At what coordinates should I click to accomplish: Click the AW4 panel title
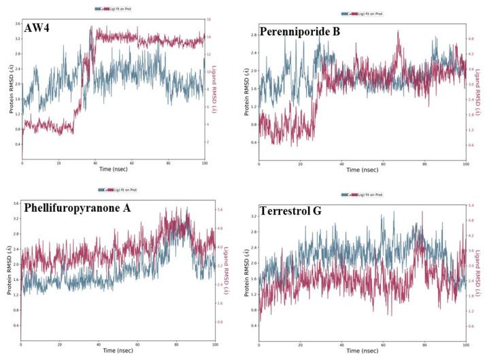click(39, 30)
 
